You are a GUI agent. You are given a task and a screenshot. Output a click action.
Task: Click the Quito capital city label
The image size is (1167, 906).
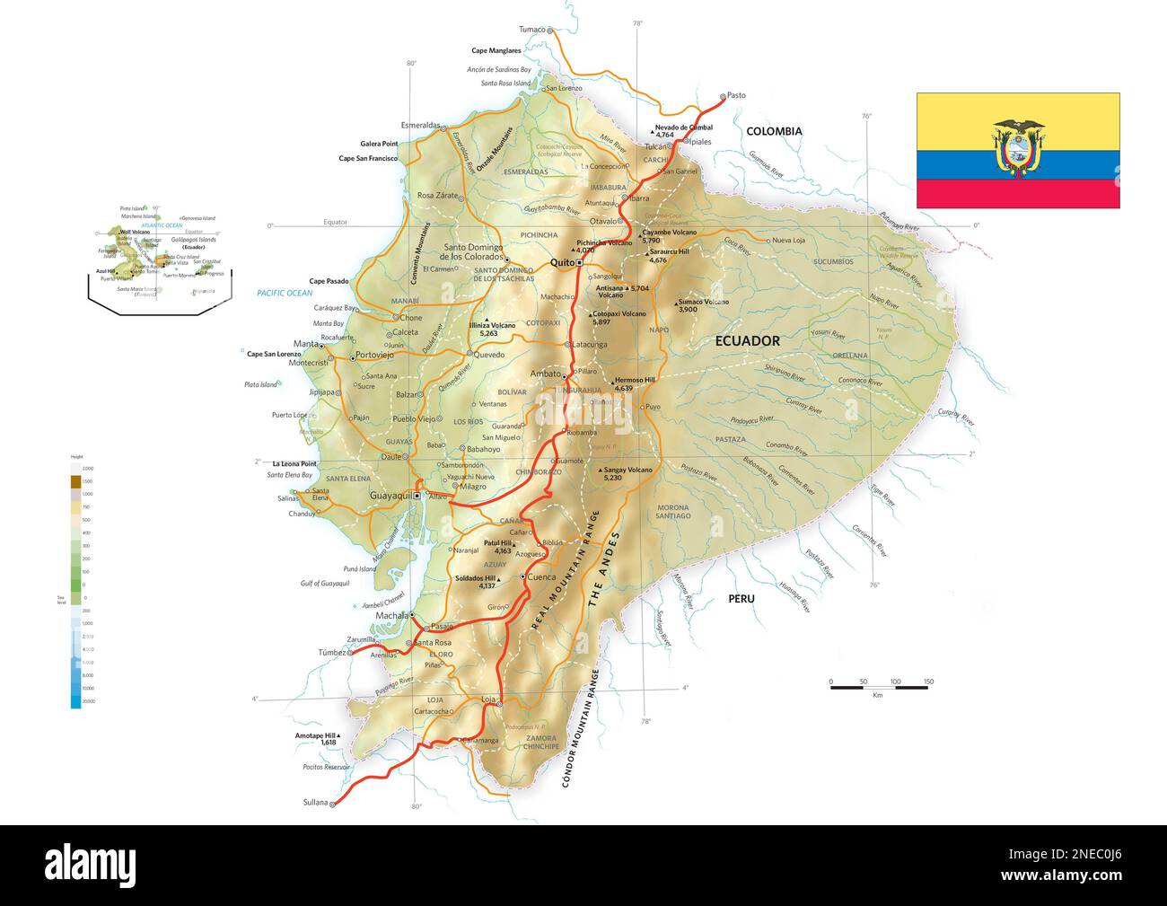[561, 262]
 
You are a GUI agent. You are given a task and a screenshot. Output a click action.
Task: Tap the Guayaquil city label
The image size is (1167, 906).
[390, 495]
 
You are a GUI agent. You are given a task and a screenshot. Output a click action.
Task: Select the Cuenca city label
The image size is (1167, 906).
[542, 576]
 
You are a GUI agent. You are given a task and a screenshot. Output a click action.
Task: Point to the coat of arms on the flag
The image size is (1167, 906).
[1018, 148]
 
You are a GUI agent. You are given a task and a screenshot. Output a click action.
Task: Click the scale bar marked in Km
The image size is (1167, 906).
[879, 687]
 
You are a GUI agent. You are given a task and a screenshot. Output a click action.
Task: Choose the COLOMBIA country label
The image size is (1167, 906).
[774, 131]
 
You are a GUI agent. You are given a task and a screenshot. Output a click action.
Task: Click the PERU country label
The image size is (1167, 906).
[741, 599]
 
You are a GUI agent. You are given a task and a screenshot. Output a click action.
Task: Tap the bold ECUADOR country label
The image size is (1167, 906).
[747, 341]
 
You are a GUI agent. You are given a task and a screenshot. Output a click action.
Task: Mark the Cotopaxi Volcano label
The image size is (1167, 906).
[619, 314]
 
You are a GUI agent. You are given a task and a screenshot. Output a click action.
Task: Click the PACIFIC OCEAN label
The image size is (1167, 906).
[285, 294]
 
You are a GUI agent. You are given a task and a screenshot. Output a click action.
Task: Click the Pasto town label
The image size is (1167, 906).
[736, 95]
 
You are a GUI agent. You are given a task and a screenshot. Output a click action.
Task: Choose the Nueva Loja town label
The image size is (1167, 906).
[789, 240]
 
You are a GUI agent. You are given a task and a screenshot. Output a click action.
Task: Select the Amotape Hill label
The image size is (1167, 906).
[319, 735]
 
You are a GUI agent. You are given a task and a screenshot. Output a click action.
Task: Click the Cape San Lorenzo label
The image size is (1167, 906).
[274, 354]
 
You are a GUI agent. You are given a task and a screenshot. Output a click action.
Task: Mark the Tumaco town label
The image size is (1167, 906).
[532, 30]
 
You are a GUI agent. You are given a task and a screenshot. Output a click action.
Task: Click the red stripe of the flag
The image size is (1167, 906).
[1018, 194]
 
